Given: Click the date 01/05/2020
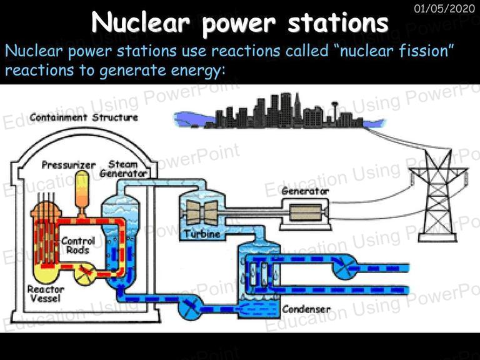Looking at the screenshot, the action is click(x=444, y=8).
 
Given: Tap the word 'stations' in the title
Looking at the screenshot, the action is click(x=338, y=23).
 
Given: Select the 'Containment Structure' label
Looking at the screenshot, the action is click(x=84, y=117).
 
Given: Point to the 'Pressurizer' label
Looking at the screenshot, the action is click(x=69, y=165).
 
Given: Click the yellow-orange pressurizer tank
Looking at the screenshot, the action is click(x=82, y=193).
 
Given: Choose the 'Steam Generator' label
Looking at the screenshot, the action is click(x=123, y=169).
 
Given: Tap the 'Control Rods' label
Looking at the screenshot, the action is click(x=78, y=246).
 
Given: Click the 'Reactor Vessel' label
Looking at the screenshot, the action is click(x=46, y=294).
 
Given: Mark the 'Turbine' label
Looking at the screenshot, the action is click(x=202, y=234).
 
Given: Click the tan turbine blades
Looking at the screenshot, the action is click(x=202, y=212).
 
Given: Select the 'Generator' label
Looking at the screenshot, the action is click(x=305, y=191).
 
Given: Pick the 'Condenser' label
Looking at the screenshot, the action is click(x=306, y=309).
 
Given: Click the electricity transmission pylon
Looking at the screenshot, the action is click(x=437, y=196).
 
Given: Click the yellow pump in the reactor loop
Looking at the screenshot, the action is click(x=85, y=274).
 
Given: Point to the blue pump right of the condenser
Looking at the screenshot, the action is click(x=345, y=267).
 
